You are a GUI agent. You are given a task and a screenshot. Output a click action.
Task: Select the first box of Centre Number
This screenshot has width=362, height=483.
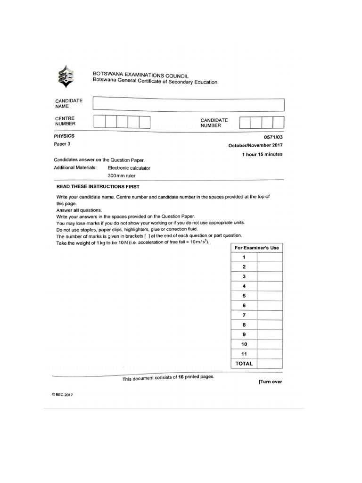[99, 123]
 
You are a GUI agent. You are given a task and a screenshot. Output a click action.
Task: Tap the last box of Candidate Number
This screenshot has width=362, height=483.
[279, 123]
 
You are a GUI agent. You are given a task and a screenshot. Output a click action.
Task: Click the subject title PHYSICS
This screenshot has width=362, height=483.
[65, 136]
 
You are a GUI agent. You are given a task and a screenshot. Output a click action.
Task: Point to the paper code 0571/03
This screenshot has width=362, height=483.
[272, 137]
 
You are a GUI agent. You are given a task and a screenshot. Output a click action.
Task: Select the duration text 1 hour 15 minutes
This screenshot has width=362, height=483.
[262, 154]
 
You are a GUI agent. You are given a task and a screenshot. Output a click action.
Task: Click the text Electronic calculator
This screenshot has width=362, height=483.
[129, 168]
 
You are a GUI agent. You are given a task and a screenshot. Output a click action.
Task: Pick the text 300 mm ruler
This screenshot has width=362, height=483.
[122, 176]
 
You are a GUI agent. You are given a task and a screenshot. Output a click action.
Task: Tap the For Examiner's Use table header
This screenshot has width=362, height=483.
[257, 248]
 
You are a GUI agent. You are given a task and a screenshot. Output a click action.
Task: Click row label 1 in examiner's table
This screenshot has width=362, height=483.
[244, 257]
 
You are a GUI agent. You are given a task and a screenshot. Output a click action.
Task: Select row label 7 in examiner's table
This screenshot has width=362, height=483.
[244, 315]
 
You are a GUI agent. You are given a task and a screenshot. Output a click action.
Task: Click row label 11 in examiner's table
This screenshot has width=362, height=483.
[244, 354]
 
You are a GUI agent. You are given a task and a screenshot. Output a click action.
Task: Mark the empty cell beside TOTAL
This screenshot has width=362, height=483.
[270, 364]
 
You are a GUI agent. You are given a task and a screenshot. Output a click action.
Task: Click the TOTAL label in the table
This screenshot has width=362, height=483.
[244, 364]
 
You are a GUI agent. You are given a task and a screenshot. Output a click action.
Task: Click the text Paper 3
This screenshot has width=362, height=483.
[61, 144]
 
